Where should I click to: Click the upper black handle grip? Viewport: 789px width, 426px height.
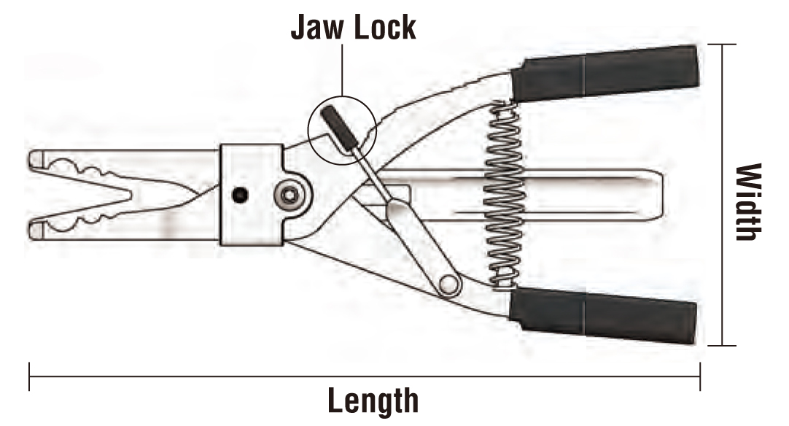[x=605, y=74]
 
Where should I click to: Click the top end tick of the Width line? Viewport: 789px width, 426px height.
[x=722, y=44]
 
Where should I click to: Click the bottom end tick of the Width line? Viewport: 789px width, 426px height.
[x=722, y=345]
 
